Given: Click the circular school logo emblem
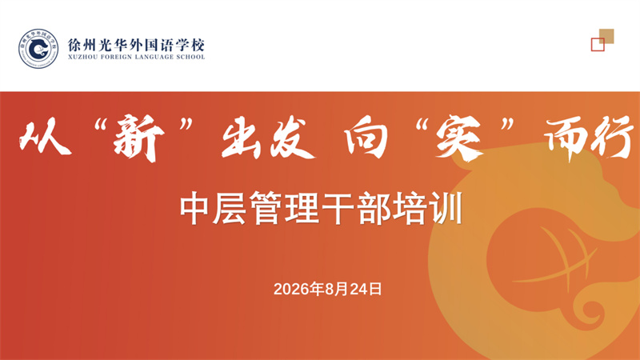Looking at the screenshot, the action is tap(38, 49).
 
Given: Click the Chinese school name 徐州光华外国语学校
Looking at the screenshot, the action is tap(136, 45).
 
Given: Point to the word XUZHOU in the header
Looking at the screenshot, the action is tap(83, 57).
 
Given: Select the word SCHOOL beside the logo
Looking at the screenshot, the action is tap(190, 57).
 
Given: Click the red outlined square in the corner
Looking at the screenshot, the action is tap(598, 45).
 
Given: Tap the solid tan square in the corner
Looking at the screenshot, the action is tap(606, 36).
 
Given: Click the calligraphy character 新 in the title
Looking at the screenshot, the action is tap(138, 138).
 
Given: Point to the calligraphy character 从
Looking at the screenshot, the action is tap(44, 138).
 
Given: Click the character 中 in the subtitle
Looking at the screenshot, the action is tap(194, 208).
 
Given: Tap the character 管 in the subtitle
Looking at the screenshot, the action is tap(266, 208).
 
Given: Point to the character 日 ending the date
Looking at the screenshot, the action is tap(375, 289).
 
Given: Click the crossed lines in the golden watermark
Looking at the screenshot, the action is tap(562, 257).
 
